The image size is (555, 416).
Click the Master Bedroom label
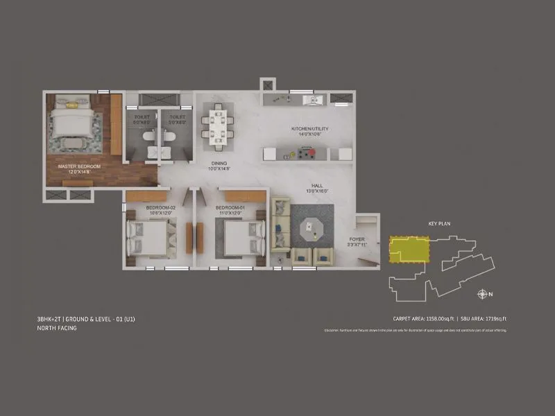79,167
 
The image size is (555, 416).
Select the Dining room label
219,165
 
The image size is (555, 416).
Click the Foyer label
357,240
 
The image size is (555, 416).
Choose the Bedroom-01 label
228,208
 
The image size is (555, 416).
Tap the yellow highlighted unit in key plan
409,249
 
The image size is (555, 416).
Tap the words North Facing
57,328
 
